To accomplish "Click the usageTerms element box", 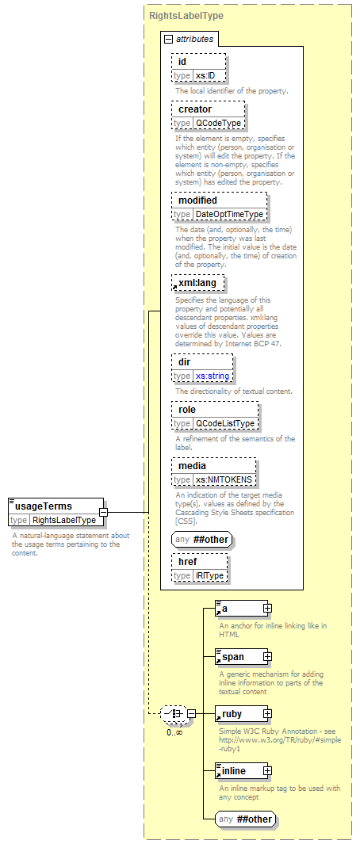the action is (x=56, y=512).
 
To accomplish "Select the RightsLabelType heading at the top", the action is (x=186, y=16).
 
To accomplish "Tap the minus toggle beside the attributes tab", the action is (x=168, y=39).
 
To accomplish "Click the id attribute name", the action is (x=182, y=61).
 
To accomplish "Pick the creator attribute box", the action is (x=208, y=116).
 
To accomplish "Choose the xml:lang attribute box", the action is (x=197, y=283).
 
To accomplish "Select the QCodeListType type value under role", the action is (x=225, y=424).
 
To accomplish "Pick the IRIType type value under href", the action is (x=209, y=576).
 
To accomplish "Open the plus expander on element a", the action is (x=267, y=609).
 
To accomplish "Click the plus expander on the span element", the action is (x=267, y=657).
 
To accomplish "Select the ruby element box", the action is (x=241, y=714).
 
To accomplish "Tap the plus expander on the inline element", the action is (x=267, y=771).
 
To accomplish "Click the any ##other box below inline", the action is (x=247, y=819).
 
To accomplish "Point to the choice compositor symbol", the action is (x=174, y=714).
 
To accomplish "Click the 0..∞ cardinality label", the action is (x=174, y=732).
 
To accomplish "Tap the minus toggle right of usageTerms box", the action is (x=103, y=512).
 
